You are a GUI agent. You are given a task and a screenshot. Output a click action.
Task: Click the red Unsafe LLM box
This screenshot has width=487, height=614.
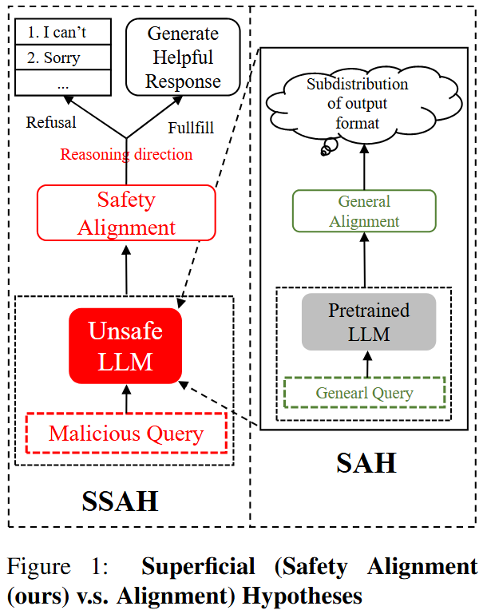[125, 346]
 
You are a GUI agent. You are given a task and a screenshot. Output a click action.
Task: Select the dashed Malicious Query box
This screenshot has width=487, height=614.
[126, 434]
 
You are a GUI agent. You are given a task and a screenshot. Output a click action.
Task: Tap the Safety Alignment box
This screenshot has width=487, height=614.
[126, 212]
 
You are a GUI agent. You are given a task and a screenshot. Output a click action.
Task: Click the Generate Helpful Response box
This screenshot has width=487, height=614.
[184, 57]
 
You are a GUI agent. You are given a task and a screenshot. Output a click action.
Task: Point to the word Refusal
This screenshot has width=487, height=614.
[51, 122]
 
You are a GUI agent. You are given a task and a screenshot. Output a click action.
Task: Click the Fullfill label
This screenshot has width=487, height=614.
[191, 128]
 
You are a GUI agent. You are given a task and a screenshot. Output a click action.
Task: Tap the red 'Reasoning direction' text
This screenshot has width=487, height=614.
[126, 154]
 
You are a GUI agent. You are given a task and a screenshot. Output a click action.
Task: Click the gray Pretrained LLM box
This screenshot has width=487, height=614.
[368, 322]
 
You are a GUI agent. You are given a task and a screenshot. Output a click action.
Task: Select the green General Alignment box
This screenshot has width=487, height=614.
[364, 211]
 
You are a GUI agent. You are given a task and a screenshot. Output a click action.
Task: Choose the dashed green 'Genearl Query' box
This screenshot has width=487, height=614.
[364, 393]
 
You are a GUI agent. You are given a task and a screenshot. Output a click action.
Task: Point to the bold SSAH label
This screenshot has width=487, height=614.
[119, 501]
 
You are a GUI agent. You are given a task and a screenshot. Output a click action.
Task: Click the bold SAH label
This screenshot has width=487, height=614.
[366, 462]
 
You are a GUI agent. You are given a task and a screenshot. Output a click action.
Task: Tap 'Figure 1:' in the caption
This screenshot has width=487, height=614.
[57, 568]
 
